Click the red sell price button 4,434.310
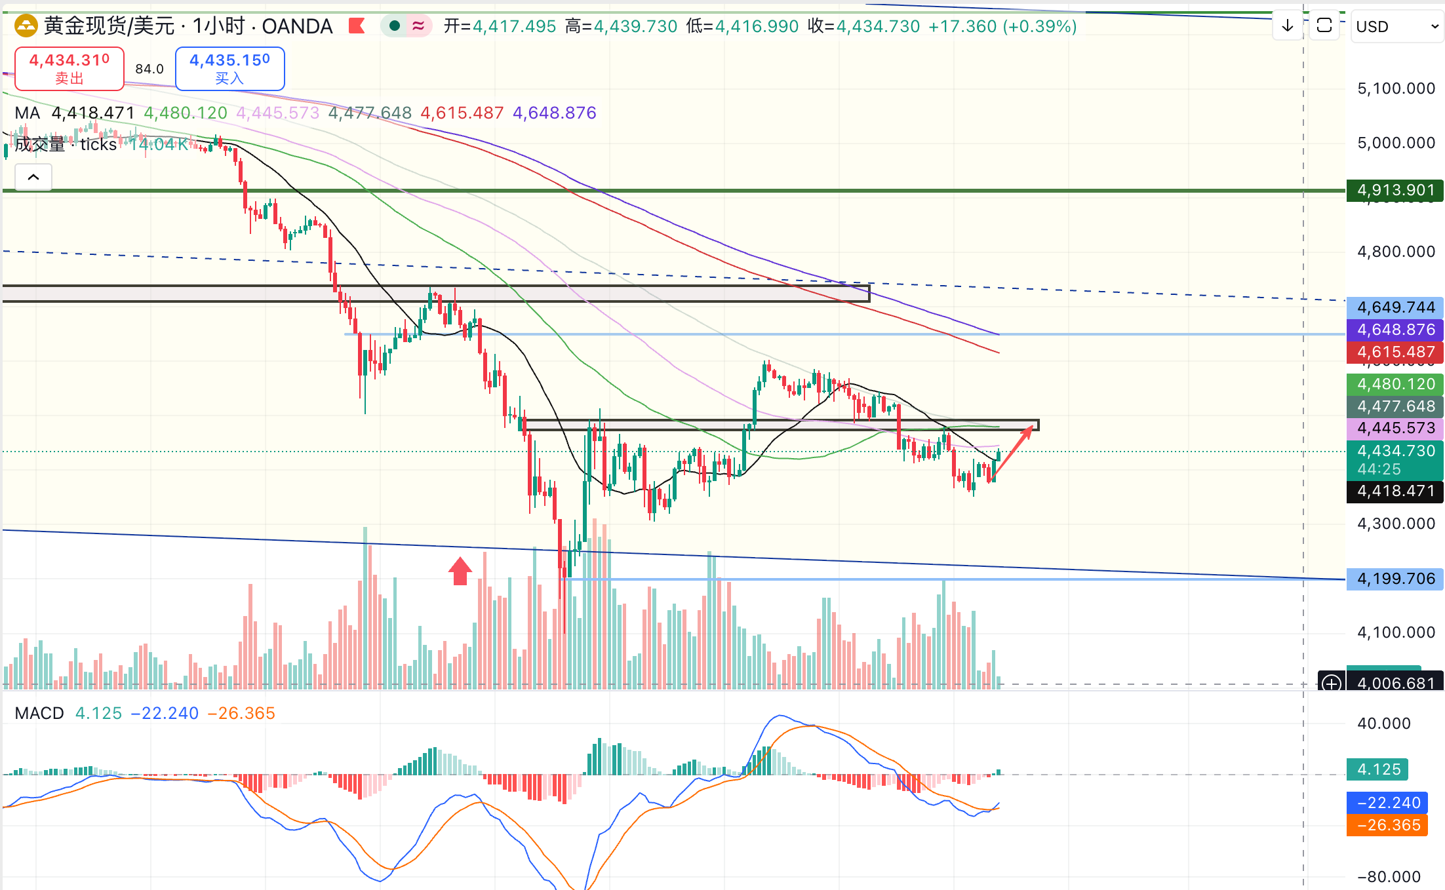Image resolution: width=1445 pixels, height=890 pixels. pos(69,68)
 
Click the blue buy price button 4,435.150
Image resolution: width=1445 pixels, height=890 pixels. pos(229,68)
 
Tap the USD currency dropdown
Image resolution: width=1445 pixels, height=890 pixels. pos(1396,27)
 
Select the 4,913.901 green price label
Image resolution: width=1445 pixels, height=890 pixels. pos(1395,190)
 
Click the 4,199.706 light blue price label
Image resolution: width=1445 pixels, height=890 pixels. pos(1395,579)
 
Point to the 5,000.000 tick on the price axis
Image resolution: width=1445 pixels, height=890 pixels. pos(1396,143)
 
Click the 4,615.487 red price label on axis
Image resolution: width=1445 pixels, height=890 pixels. pos(1395,352)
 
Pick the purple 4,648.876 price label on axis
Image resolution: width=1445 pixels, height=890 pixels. pos(1395,330)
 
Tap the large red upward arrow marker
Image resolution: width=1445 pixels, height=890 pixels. pos(460,571)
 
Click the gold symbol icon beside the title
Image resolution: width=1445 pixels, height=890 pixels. pos(26,26)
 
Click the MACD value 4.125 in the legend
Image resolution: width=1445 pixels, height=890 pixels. pos(98,713)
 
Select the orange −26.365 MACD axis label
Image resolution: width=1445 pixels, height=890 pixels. pos(1387,825)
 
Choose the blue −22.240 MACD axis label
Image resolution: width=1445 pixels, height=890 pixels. pos(1387,803)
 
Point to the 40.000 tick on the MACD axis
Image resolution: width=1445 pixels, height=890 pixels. pos(1383,724)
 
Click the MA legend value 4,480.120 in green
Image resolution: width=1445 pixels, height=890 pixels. pos(186,113)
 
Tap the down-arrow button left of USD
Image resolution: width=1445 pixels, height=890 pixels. pos(1288,26)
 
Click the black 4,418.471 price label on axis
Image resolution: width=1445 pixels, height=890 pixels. pos(1395,491)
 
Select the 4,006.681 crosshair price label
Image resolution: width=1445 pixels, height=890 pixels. pos(1395,683)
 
